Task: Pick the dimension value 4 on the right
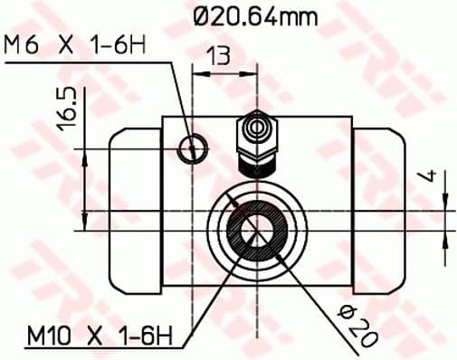point(432,178)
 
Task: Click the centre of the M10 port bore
point(256,226)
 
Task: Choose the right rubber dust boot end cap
point(378,213)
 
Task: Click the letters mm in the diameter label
point(307,15)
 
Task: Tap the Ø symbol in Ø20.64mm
point(204,15)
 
